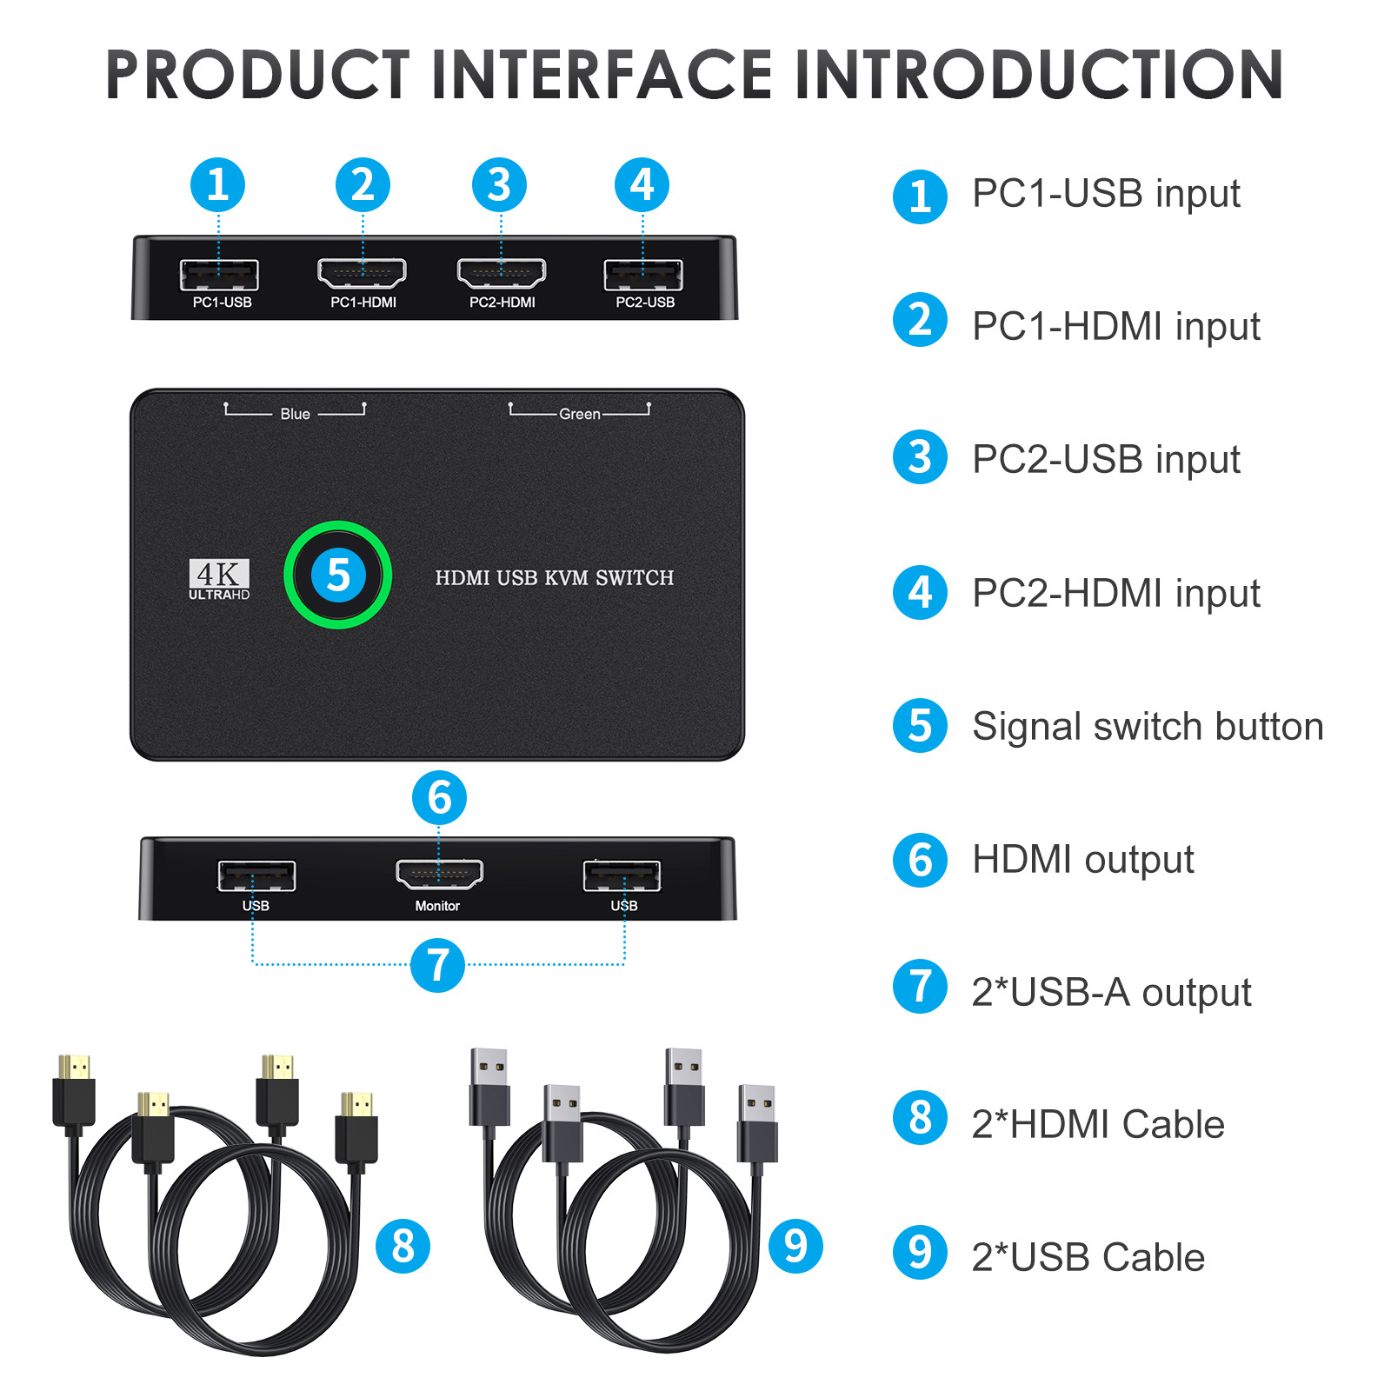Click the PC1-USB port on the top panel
point(219,275)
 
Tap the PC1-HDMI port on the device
point(362,273)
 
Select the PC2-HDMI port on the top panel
point(502,273)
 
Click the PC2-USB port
point(643,275)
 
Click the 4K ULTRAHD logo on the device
point(219,579)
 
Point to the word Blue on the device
point(295,414)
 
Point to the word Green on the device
point(579,414)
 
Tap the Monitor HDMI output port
point(439,874)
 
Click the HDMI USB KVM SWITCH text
point(554,578)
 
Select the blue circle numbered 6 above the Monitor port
point(439,797)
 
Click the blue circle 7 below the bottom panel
point(437,964)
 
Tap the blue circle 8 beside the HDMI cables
point(403,1246)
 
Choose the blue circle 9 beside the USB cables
point(795,1246)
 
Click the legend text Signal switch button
point(1147,726)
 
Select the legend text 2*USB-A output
point(1110,992)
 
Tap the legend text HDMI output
point(1082,859)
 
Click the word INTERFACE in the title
point(602,75)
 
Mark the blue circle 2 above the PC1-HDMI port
point(363,184)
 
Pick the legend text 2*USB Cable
point(1088,1257)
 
